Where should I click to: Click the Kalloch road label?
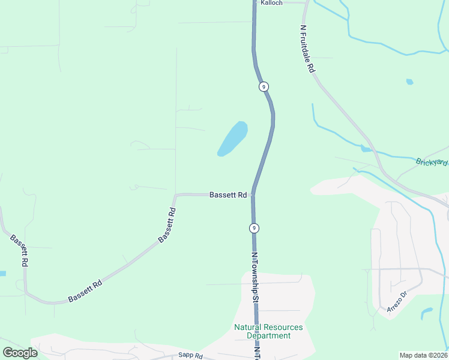click(271, 3)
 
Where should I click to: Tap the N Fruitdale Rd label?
click(307, 49)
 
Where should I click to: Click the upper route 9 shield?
click(264, 87)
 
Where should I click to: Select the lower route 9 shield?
click(255, 228)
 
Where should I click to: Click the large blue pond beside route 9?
click(233, 138)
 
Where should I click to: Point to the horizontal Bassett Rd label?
click(228, 195)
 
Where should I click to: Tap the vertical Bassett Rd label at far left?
click(18, 251)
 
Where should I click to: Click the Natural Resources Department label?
click(268, 331)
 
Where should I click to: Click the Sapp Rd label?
click(191, 356)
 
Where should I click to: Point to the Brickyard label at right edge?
click(432, 162)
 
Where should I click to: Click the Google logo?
click(20, 353)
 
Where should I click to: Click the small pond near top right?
click(409, 82)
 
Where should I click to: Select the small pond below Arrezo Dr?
click(427, 313)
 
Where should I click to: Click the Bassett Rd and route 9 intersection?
click(254, 194)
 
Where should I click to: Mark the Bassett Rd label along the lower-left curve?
click(85, 290)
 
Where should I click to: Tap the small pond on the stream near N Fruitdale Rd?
click(366, 148)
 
